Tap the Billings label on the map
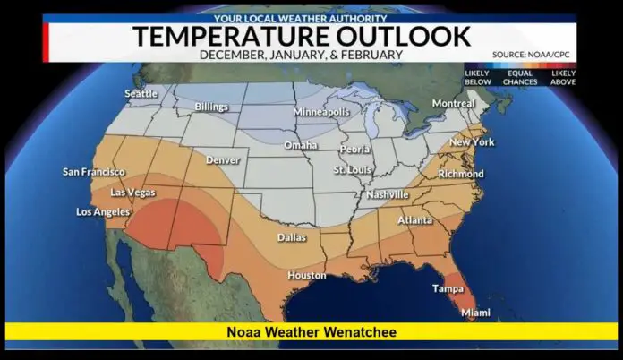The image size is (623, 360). [x=211, y=107]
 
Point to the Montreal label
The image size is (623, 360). [x=453, y=103]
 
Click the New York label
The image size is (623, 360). [x=471, y=142]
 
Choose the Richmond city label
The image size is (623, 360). [x=460, y=173]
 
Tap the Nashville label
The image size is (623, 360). [x=387, y=194]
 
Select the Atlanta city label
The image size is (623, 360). [x=414, y=219]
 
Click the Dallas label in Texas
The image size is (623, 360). [x=291, y=237]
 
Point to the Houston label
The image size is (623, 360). [x=306, y=275]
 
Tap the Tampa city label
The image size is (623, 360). [x=448, y=288]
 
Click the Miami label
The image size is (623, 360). [x=475, y=313]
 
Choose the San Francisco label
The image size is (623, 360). [x=93, y=172]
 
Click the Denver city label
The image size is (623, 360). [x=223, y=159]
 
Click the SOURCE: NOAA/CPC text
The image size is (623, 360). [x=533, y=55]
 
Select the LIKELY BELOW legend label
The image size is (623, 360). [x=477, y=76]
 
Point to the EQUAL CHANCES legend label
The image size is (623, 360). [x=519, y=76]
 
